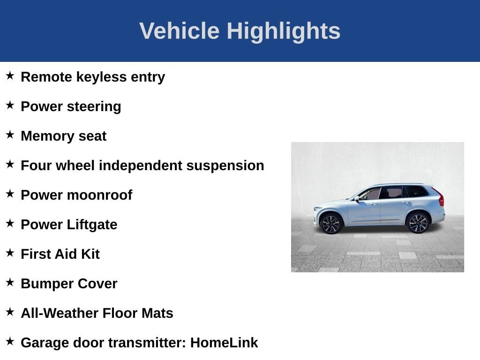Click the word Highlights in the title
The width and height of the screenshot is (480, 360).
283,31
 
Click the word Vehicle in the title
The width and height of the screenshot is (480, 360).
179,31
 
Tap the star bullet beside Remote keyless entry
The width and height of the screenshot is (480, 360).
10,75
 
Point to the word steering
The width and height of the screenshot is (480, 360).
96,106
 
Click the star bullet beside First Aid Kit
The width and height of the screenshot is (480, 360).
10,253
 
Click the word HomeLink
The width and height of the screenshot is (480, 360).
224,343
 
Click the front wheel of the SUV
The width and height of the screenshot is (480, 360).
331,224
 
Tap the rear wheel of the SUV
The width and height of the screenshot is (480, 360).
418,223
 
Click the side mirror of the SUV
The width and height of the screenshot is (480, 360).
357,198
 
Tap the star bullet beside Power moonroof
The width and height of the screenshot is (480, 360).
10,194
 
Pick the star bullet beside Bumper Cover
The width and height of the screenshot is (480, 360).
10,282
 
